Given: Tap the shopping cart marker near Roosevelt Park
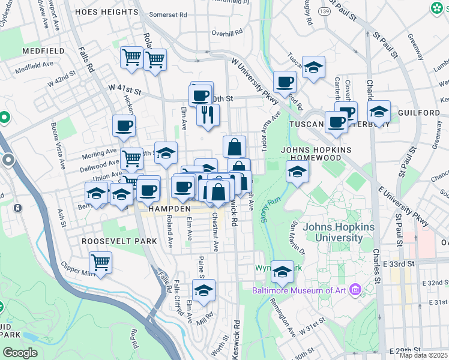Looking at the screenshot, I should click(100, 262).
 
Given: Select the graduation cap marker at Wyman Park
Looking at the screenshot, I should click(282, 272).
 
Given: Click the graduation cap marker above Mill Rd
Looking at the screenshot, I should click(204, 290).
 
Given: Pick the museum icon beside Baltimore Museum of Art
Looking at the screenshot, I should click(355, 291).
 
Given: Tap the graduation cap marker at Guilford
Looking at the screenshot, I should click(379, 111).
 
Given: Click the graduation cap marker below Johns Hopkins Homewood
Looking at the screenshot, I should click(297, 172).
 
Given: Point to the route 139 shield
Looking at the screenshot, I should click(324, 11).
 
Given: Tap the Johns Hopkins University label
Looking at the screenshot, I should click(339, 232).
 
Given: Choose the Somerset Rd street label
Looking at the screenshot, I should click(168, 14).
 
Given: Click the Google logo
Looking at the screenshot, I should click(20, 353).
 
